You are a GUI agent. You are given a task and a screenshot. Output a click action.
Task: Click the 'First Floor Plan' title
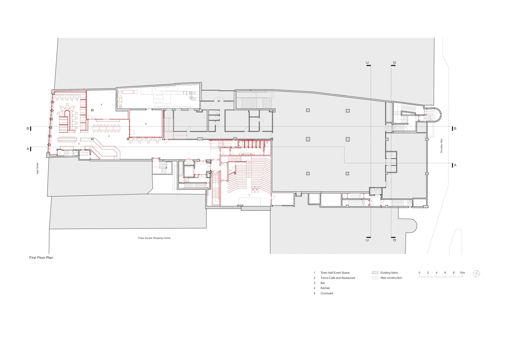point(41,258)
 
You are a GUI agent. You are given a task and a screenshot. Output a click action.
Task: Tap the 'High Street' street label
point(38,168)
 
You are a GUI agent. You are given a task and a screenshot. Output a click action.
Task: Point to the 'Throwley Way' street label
point(442,146)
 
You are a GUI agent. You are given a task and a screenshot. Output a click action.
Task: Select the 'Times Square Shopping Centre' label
point(154,238)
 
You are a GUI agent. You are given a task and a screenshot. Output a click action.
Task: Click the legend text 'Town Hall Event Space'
point(335,272)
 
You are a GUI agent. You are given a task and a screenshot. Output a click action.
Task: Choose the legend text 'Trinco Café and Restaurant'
point(338,278)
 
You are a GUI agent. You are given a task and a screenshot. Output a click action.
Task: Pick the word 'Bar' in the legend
point(323,283)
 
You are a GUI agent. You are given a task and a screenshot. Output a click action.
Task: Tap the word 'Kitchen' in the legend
point(325,288)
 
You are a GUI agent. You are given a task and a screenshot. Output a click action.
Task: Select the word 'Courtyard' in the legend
point(327,293)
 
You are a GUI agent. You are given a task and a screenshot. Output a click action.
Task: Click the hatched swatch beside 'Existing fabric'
point(375,272)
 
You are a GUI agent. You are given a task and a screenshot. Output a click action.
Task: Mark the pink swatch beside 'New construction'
point(375,278)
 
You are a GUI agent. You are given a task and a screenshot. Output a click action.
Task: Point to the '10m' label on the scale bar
point(462,272)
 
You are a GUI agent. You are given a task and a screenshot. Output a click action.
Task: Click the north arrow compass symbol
point(476,274)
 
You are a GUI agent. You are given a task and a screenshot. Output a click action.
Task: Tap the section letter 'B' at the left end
point(28,129)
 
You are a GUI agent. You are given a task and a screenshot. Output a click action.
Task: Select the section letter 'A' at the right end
point(455,165)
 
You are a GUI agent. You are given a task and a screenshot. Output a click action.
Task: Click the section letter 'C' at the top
point(367,63)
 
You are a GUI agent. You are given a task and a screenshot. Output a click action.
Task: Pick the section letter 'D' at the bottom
point(394,240)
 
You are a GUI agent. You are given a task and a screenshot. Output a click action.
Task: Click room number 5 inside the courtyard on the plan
point(146,124)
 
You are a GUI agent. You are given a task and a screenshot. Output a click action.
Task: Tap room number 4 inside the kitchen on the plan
point(101,105)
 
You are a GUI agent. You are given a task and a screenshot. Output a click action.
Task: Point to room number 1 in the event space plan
point(249,195)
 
